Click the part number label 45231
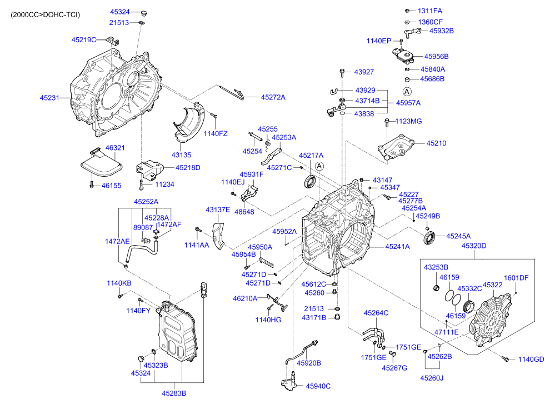(x=49, y=98)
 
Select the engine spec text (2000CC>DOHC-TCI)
(x=46, y=14)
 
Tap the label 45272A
(x=273, y=97)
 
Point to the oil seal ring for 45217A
(x=311, y=181)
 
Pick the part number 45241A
(x=397, y=246)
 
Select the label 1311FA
(x=429, y=11)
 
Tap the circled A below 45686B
(x=407, y=92)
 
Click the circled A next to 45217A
(x=319, y=166)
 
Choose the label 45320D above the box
(x=473, y=246)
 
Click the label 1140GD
(x=531, y=360)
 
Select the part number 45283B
(x=174, y=393)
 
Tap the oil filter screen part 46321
(x=102, y=162)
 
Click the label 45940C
(x=318, y=386)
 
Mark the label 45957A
(x=408, y=103)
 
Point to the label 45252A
(x=146, y=202)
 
